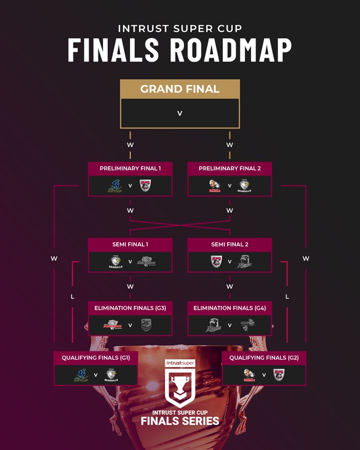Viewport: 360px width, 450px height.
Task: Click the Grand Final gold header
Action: coord(179,89)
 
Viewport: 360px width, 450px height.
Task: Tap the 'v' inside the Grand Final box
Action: coord(179,114)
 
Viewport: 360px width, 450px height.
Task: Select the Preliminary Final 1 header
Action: coord(130,168)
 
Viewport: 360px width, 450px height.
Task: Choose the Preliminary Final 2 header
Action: coord(230,168)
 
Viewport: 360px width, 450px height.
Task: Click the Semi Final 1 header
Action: coord(130,244)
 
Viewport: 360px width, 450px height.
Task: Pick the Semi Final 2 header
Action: coord(230,244)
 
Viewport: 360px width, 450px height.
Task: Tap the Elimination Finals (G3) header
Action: coord(130,308)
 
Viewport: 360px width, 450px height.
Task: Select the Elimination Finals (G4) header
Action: coord(230,308)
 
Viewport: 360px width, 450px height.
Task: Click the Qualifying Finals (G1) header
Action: coord(96,357)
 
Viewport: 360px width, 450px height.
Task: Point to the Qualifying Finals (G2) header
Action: coord(264,357)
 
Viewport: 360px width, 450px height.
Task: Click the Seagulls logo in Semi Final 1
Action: coord(116,262)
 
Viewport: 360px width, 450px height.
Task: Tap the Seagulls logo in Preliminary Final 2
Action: coord(245,186)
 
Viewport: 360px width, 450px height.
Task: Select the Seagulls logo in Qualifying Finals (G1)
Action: coord(111,375)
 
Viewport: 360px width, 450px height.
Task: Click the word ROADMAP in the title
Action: coord(231,50)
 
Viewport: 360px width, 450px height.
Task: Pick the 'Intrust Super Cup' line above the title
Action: coord(179,28)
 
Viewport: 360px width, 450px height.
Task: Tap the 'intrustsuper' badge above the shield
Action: coord(180,363)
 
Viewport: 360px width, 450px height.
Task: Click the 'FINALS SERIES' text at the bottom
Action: coord(180,421)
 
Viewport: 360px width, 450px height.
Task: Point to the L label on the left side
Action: coord(72,296)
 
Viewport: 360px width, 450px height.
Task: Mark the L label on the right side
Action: coord(287,296)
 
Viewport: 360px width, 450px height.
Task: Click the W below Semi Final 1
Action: coord(130,287)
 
